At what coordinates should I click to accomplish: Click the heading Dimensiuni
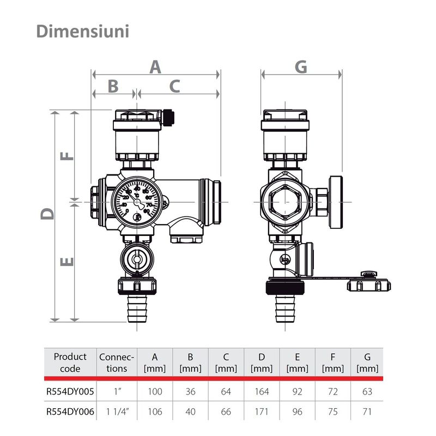pyautogui.click(x=83, y=31)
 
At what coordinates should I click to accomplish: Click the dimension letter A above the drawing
pyautogui.click(x=156, y=67)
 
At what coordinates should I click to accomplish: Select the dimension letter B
pyautogui.click(x=113, y=86)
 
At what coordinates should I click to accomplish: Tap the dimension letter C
pyautogui.click(x=175, y=86)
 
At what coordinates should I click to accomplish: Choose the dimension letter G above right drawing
pyautogui.click(x=301, y=67)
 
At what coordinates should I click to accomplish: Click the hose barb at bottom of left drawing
pyautogui.click(x=137, y=310)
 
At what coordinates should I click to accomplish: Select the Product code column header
pyautogui.click(x=70, y=362)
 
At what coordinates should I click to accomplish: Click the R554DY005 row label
pyautogui.click(x=70, y=391)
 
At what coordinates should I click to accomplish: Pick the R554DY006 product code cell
pyautogui.click(x=70, y=412)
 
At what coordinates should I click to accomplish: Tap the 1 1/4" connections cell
pyautogui.click(x=116, y=412)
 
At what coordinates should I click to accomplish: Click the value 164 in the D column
pyautogui.click(x=262, y=391)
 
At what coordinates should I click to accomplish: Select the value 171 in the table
pyautogui.click(x=262, y=412)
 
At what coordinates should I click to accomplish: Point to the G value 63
pyautogui.click(x=367, y=391)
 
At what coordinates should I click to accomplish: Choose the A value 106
pyautogui.click(x=155, y=412)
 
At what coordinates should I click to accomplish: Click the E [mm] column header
pyautogui.click(x=297, y=362)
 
